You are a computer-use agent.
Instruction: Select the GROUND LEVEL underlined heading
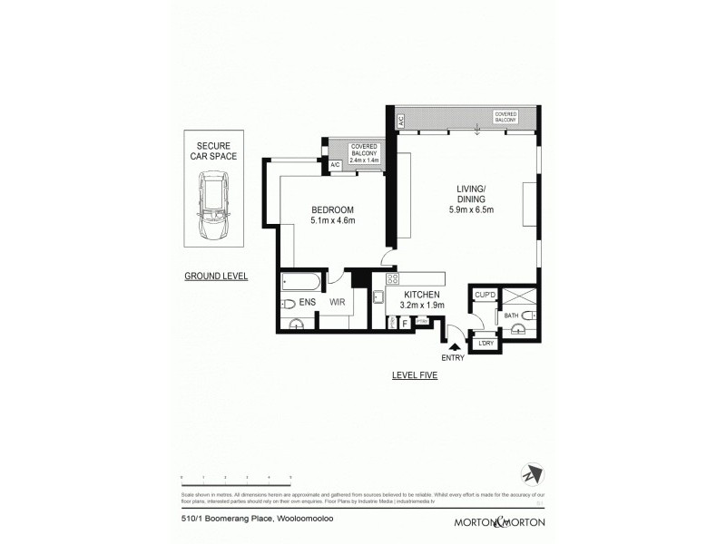click(x=216, y=276)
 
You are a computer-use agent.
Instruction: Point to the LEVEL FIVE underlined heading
click(x=415, y=374)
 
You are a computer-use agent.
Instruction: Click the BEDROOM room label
click(x=332, y=209)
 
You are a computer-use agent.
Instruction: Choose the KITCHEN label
click(x=423, y=295)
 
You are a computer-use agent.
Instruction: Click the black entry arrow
click(x=455, y=345)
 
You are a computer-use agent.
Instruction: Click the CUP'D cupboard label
click(x=484, y=296)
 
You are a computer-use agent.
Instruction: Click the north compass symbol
click(x=529, y=473)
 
